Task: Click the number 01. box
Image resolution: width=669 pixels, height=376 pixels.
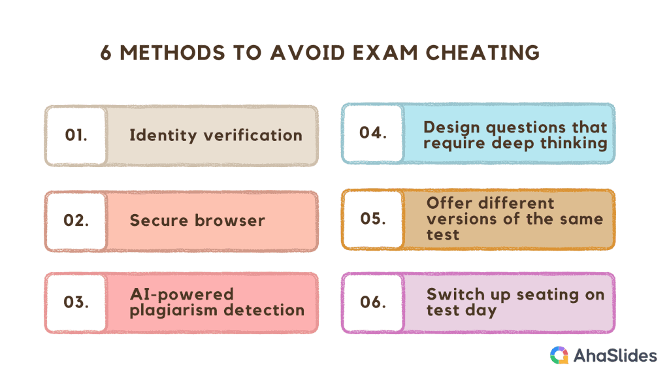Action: tap(76, 136)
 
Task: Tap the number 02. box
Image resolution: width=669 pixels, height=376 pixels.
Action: tap(76, 221)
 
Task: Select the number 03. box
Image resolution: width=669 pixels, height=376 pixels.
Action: tap(76, 303)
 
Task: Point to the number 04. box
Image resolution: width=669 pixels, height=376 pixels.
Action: tap(373, 133)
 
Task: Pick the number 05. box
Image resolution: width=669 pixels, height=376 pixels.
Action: tap(373, 219)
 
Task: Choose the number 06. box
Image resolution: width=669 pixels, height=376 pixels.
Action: tap(373, 303)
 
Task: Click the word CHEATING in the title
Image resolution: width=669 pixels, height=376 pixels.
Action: tap(483, 53)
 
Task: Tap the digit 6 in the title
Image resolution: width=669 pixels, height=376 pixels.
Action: tap(105, 54)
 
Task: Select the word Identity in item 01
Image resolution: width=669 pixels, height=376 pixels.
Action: tap(163, 136)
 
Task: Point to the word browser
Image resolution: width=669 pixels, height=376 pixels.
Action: tap(230, 221)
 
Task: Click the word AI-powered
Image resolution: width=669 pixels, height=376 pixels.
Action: tap(182, 294)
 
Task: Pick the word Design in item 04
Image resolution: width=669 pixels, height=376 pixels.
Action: tap(451, 127)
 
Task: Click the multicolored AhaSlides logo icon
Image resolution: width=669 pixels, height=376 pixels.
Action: tap(559, 355)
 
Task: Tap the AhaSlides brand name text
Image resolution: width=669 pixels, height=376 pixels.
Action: tap(615, 356)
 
